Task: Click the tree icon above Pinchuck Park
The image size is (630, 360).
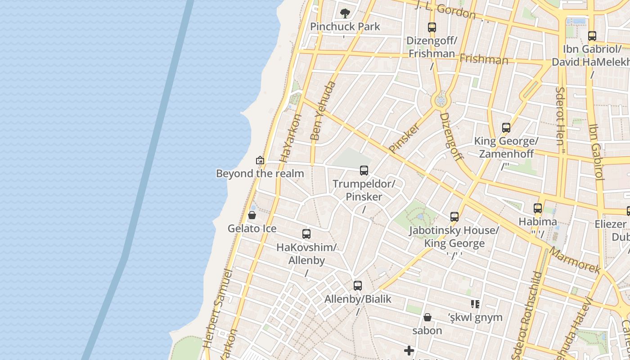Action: [x=345, y=13]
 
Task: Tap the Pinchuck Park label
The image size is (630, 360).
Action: [x=345, y=27]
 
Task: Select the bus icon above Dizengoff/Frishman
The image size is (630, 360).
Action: [x=432, y=27]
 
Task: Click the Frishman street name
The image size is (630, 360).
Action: [x=484, y=59]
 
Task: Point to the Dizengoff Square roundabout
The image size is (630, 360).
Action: [x=441, y=100]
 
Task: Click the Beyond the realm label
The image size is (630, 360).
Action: [x=260, y=173]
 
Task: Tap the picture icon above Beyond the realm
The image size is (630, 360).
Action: [x=260, y=160]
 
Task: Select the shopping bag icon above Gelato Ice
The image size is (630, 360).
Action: [x=252, y=216]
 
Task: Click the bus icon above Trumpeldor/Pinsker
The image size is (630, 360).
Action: [x=364, y=171]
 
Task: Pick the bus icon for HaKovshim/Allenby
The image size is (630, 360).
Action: [x=306, y=234]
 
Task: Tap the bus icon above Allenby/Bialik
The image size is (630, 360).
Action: [x=358, y=286]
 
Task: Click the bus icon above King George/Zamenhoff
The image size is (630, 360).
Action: [x=506, y=128]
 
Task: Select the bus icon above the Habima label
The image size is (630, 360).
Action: [x=538, y=208]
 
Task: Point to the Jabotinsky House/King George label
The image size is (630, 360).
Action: [x=454, y=237]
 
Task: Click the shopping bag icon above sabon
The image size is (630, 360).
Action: [x=427, y=317]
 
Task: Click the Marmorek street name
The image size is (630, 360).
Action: [x=575, y=261]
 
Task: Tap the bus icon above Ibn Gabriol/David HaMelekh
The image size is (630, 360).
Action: [x=592, y=36]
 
